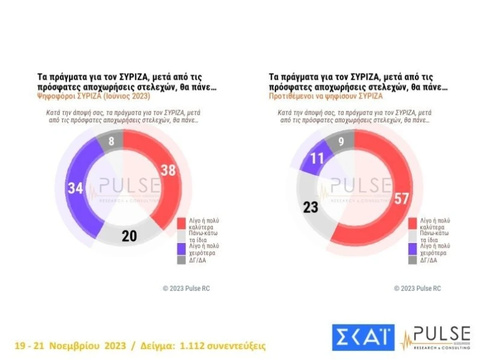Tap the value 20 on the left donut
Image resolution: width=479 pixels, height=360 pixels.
(x=129, y=236)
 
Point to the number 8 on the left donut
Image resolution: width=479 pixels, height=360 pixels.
(x=112, y=142)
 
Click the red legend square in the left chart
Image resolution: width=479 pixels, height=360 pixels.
(x=180, y=223)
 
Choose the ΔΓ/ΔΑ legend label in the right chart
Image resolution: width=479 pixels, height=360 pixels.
(x=427, y=260)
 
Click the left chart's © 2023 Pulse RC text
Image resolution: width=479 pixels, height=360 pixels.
(x=186, y=289)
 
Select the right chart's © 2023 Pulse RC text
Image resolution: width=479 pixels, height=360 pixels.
(x=417, y=289)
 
